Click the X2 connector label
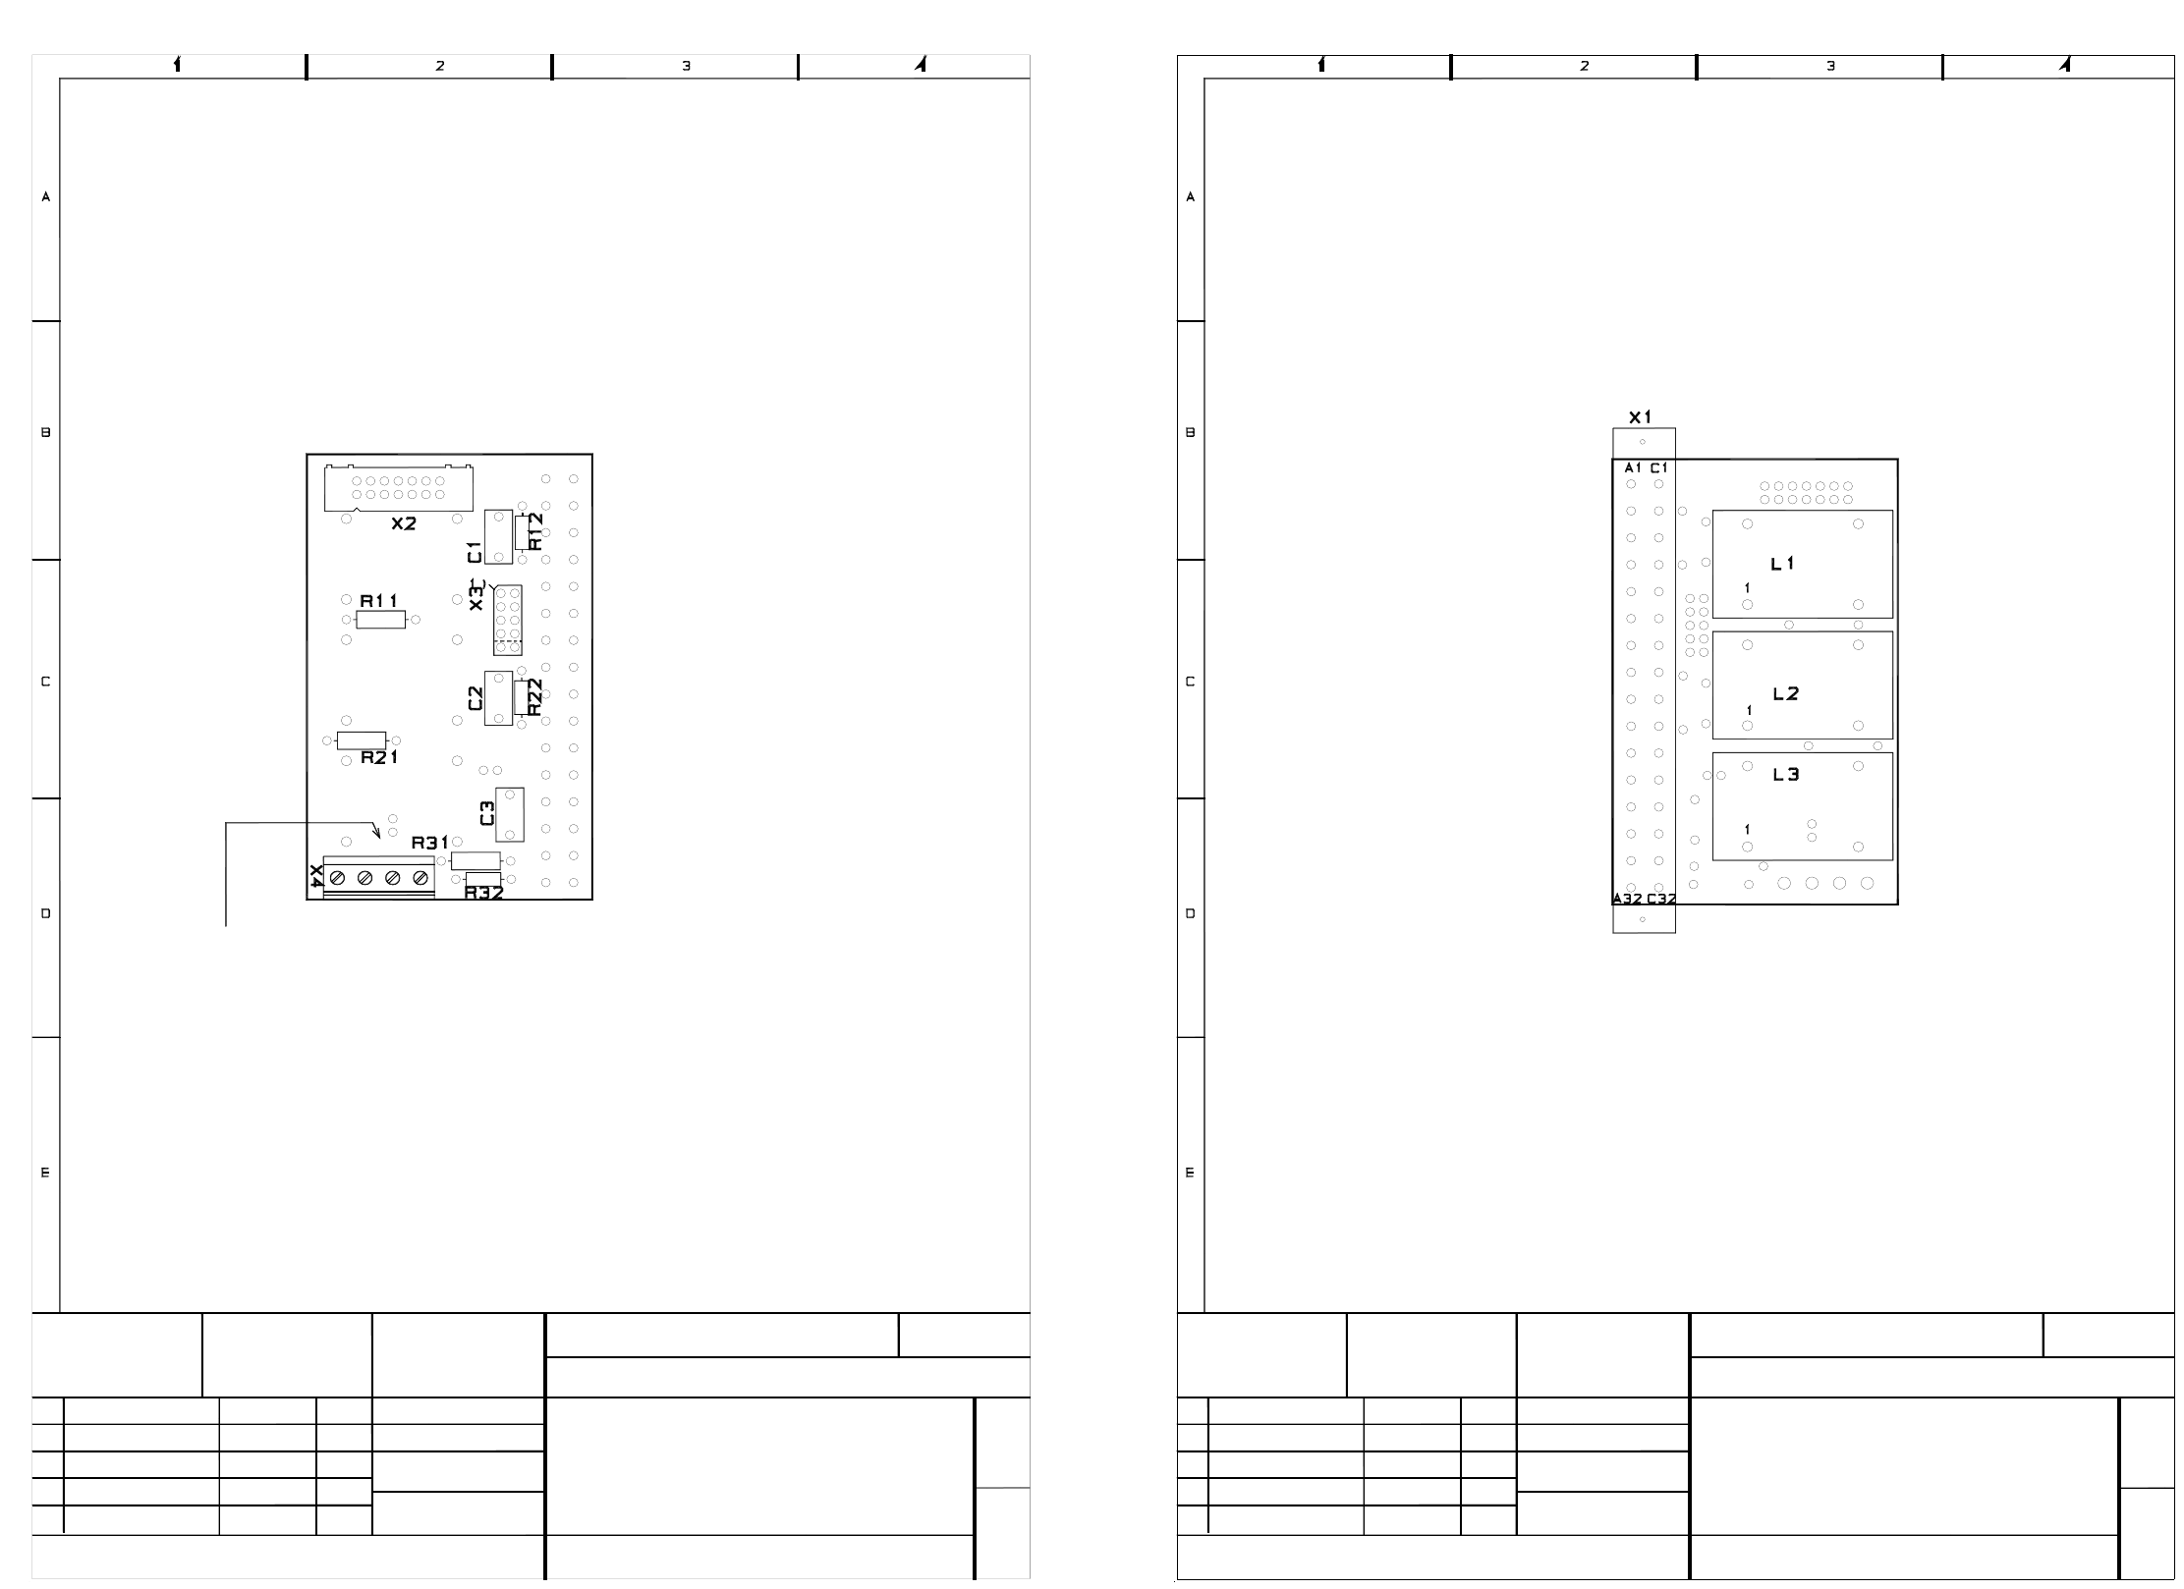pyautogui.click(x=404, y=524)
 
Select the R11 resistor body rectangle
pyautogui.click(x=380, y=620)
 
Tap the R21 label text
pyautogui.click(x=379, y=758)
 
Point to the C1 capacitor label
pyautogui.click(x=476, y=552)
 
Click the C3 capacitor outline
pyautogui.click(x=510, y=814)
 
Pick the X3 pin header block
pyautogui.click(x=508, y=620)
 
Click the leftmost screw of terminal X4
pyautogui.click(x=337, y=877)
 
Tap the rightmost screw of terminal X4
pyautogui.click(x=420, y=877)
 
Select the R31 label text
pyautogui.click(x=430, y=843)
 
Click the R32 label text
pyautogui.click(x=484, y=893)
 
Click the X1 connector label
pyautogui.click(x=1641, y=417)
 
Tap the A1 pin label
pyautogui.click(x=1634, y=467)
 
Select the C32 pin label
pyautogui.click(x=1661, y=899)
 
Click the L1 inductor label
pyautogui.click(x=1783, y=564)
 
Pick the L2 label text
pyautogui.click(x=1786, y=694)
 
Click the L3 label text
pyautogui.click(x=1786, y=775)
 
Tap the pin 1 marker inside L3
pyautogui.click(x=1747, y=830)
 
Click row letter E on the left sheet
pyautogui.click(x=45, y=1173)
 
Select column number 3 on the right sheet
pyautogui.click(x=1830, y=66)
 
